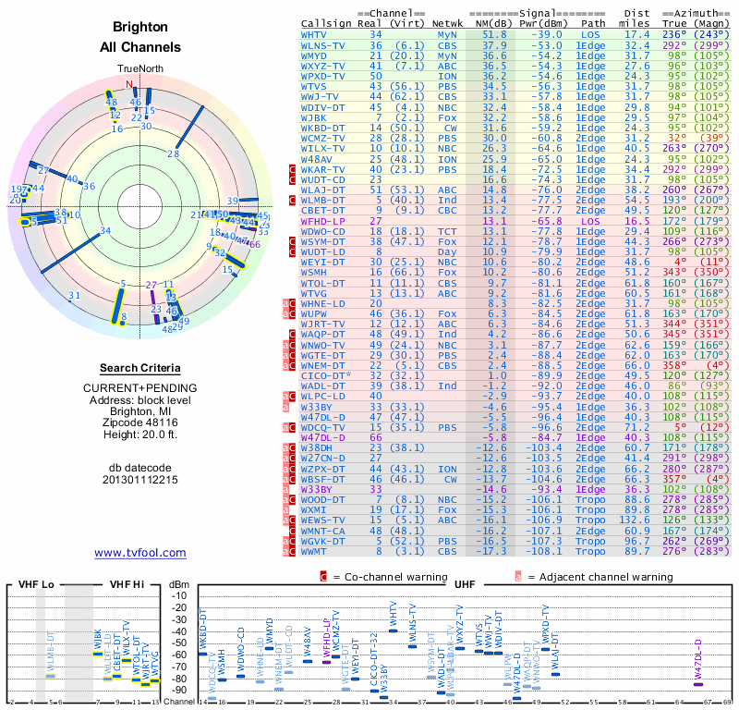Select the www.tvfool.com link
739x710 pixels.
[140, 553]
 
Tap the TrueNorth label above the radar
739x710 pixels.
[139, 68]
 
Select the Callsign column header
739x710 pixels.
[326, 22]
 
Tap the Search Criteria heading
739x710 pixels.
[140, 368]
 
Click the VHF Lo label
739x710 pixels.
[35, 585]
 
